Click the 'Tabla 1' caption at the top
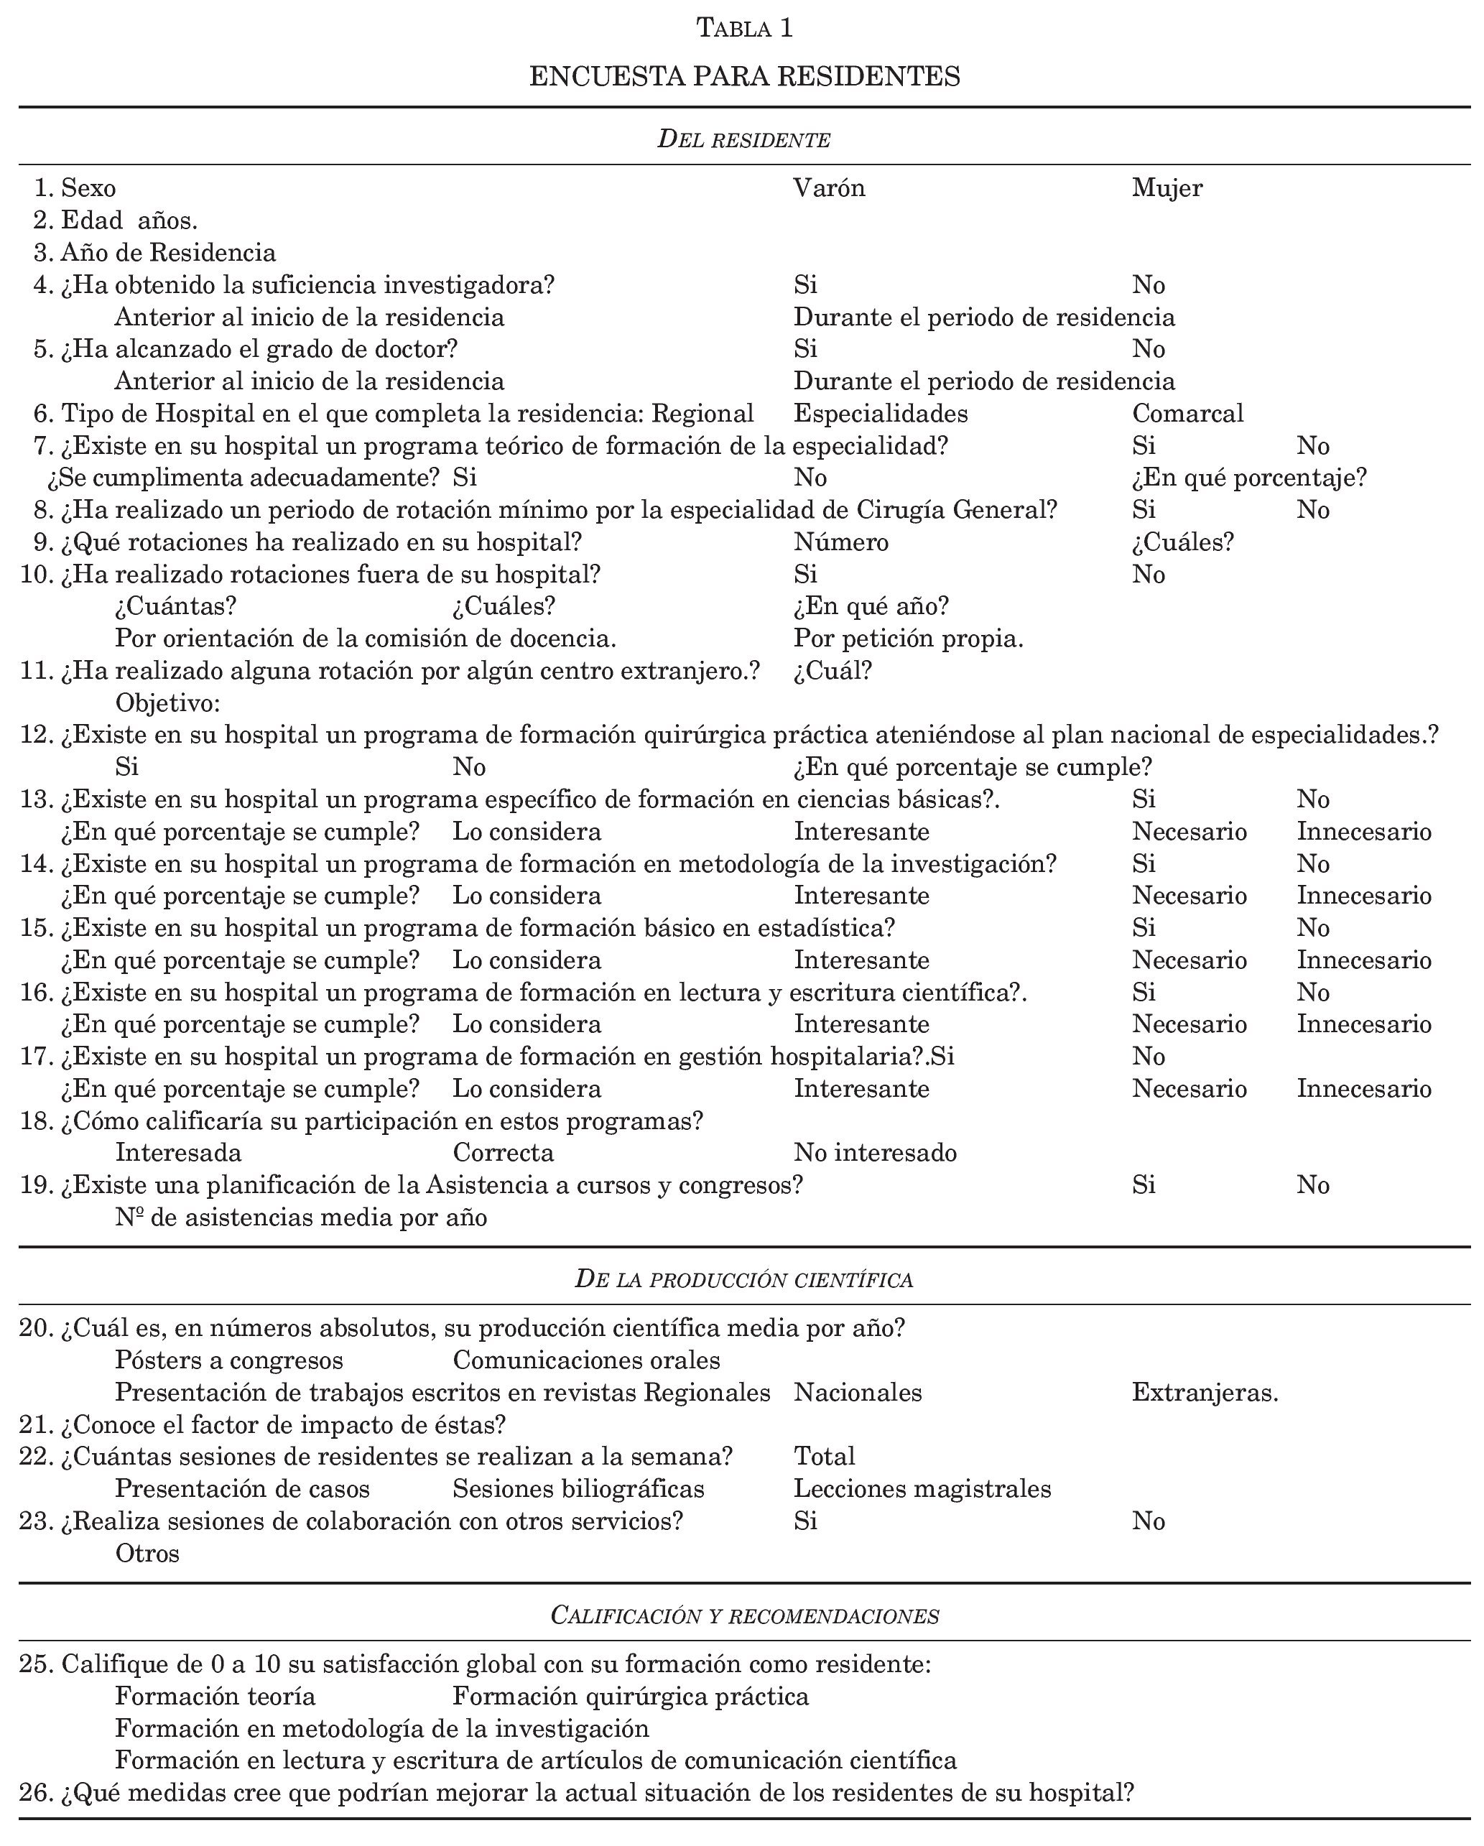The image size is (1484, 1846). (744, 28)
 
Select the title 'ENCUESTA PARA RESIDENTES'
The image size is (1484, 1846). (744, 76)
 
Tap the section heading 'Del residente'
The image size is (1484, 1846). (743, 139)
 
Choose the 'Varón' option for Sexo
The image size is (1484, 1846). (829, 187)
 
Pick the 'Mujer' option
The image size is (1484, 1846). (1167, 187)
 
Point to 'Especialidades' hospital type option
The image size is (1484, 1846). (881, 414)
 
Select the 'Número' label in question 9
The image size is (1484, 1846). (841, 542)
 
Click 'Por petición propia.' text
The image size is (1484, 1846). (909, 639)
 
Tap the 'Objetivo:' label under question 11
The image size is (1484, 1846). (168, 703)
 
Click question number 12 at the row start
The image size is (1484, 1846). (37, 735)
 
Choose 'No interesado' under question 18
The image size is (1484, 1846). (874, 1152)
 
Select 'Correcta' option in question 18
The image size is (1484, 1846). (503, 1152)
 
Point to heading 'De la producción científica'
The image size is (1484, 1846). (743, 1279)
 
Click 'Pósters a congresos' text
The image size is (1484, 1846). (228, 1360)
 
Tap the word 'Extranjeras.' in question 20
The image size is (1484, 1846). (1204, 1393)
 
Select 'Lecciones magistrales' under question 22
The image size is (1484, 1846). (922, 1489)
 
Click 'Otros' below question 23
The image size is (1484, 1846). (147, 1553)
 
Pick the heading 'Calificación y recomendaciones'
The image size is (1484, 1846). (744, 1615)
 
